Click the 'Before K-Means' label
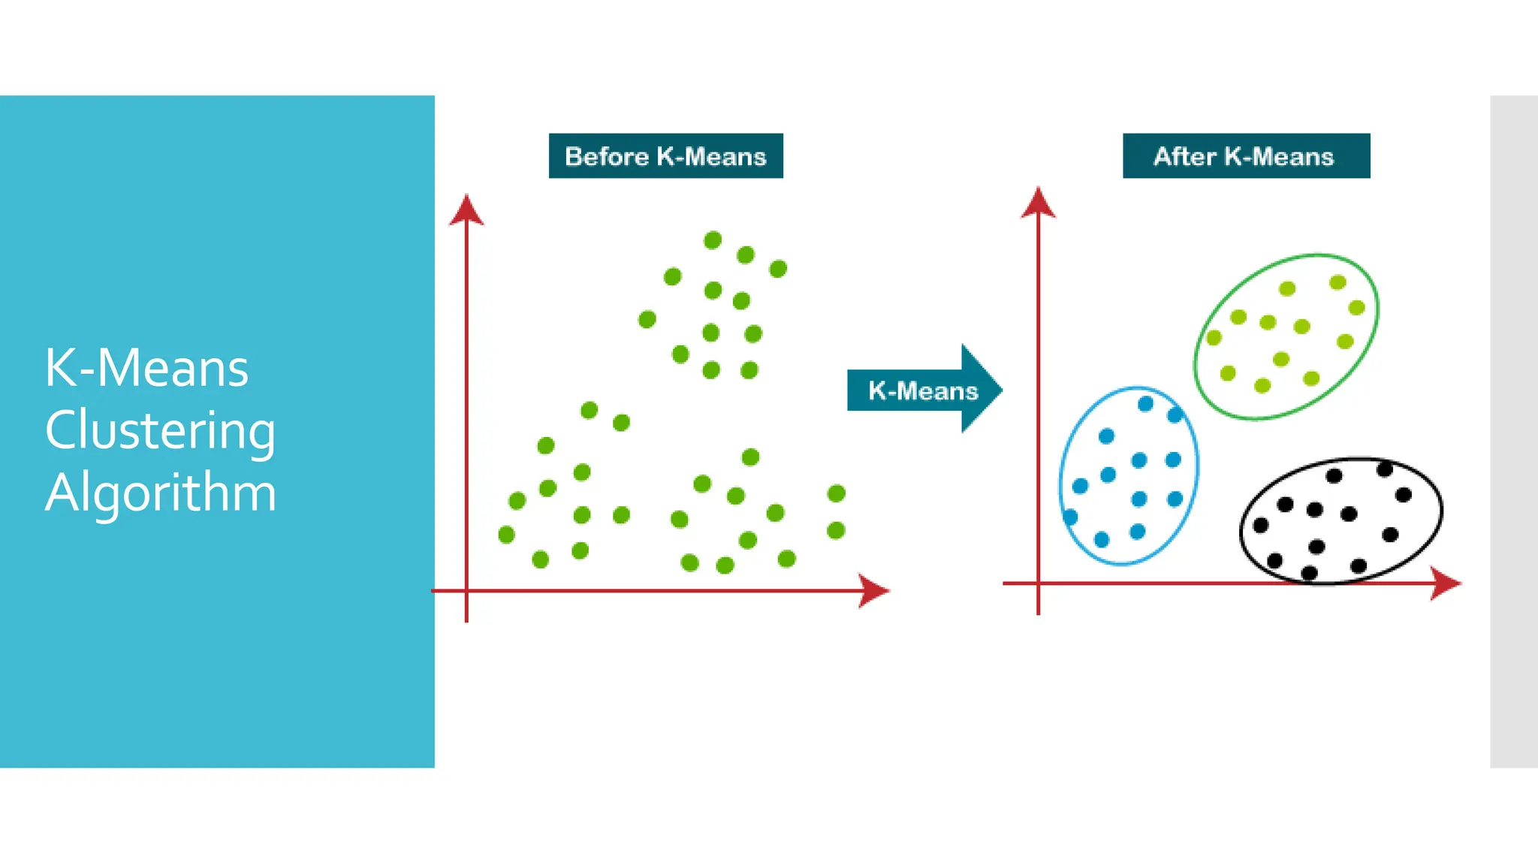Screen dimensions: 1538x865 665,156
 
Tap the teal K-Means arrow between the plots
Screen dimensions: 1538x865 924,390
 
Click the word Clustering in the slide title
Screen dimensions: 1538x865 160,430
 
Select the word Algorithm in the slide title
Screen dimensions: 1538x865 161,493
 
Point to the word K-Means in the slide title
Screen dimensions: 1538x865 146,368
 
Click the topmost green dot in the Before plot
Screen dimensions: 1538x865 713,240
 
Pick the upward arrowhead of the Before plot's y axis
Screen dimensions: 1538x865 466,209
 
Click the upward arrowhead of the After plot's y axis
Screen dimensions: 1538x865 1038,203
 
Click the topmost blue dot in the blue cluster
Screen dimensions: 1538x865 1145,404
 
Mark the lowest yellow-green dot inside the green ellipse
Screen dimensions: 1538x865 1262,385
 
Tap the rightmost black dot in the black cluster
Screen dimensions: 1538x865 1403,494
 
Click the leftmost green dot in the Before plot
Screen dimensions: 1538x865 506,535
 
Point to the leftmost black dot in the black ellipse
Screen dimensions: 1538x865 1261,525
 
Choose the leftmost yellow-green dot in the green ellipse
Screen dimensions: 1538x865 1214,338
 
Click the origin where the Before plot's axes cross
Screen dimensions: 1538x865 466,591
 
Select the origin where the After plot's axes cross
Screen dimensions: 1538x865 1038,583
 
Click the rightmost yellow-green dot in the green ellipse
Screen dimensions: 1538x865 1356,307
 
